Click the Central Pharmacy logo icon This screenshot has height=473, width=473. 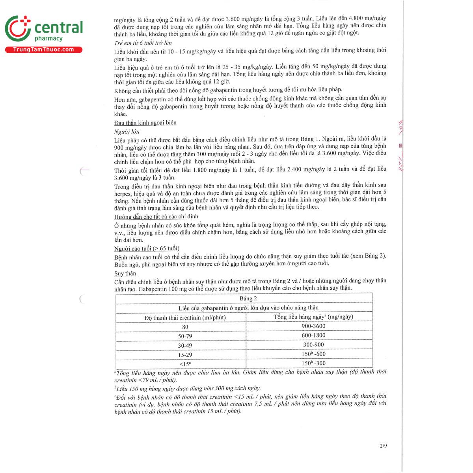[18, 28]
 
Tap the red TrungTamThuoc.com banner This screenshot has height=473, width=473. [43, 50]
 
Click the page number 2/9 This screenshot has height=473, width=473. [383, 446]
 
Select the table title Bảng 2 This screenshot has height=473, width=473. [248, 298]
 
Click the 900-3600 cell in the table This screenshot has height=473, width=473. [313, 326]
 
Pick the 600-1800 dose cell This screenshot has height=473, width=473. [313, 335]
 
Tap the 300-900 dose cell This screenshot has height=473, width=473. [313, 345]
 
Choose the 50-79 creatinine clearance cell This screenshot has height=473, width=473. [185, 336]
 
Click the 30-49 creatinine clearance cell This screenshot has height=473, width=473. [185, 346]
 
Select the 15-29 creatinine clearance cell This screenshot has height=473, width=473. [185, 355]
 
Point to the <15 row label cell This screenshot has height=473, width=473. [185, 364]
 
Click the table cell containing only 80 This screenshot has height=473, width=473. [185, 327]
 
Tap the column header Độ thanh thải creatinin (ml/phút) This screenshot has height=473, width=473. [185, 317]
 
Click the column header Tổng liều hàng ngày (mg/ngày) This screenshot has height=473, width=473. [313, 317]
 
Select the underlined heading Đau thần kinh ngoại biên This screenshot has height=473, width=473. [145, 123]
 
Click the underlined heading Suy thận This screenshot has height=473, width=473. [125, 273]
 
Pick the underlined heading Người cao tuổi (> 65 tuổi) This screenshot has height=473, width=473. [147, 248]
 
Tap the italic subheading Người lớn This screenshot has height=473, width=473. [127, 132]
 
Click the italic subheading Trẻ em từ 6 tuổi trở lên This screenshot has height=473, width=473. [143, 43]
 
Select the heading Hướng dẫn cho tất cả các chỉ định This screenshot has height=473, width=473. [156, 216]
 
